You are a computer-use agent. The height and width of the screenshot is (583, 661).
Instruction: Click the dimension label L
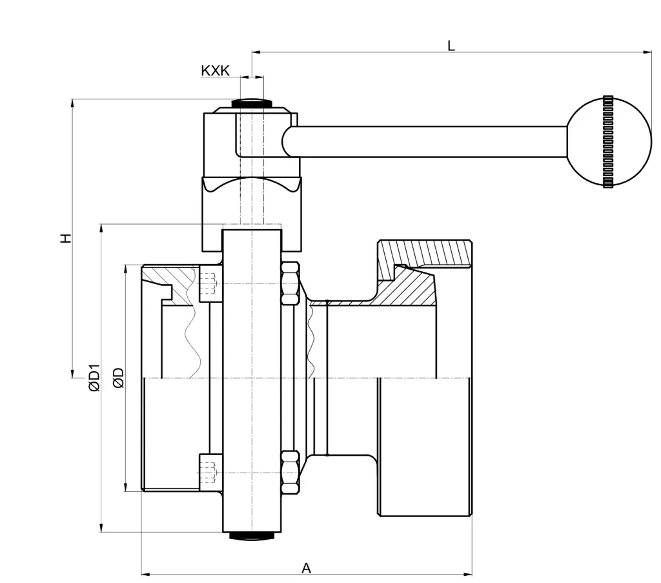(451, 46)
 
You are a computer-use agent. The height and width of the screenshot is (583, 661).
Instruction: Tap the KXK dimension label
(216, 71)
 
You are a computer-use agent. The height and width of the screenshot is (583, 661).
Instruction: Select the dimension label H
(66, 238)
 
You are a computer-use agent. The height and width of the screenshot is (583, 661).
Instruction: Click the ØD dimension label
(119, 378)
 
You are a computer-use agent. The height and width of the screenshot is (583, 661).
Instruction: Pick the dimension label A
(306, 568)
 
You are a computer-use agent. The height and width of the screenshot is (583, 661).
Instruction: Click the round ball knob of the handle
(608, 141)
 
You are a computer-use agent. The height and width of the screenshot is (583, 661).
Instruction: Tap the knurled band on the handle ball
(608, 141)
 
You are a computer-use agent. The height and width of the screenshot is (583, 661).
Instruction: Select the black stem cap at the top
(251, 103)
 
